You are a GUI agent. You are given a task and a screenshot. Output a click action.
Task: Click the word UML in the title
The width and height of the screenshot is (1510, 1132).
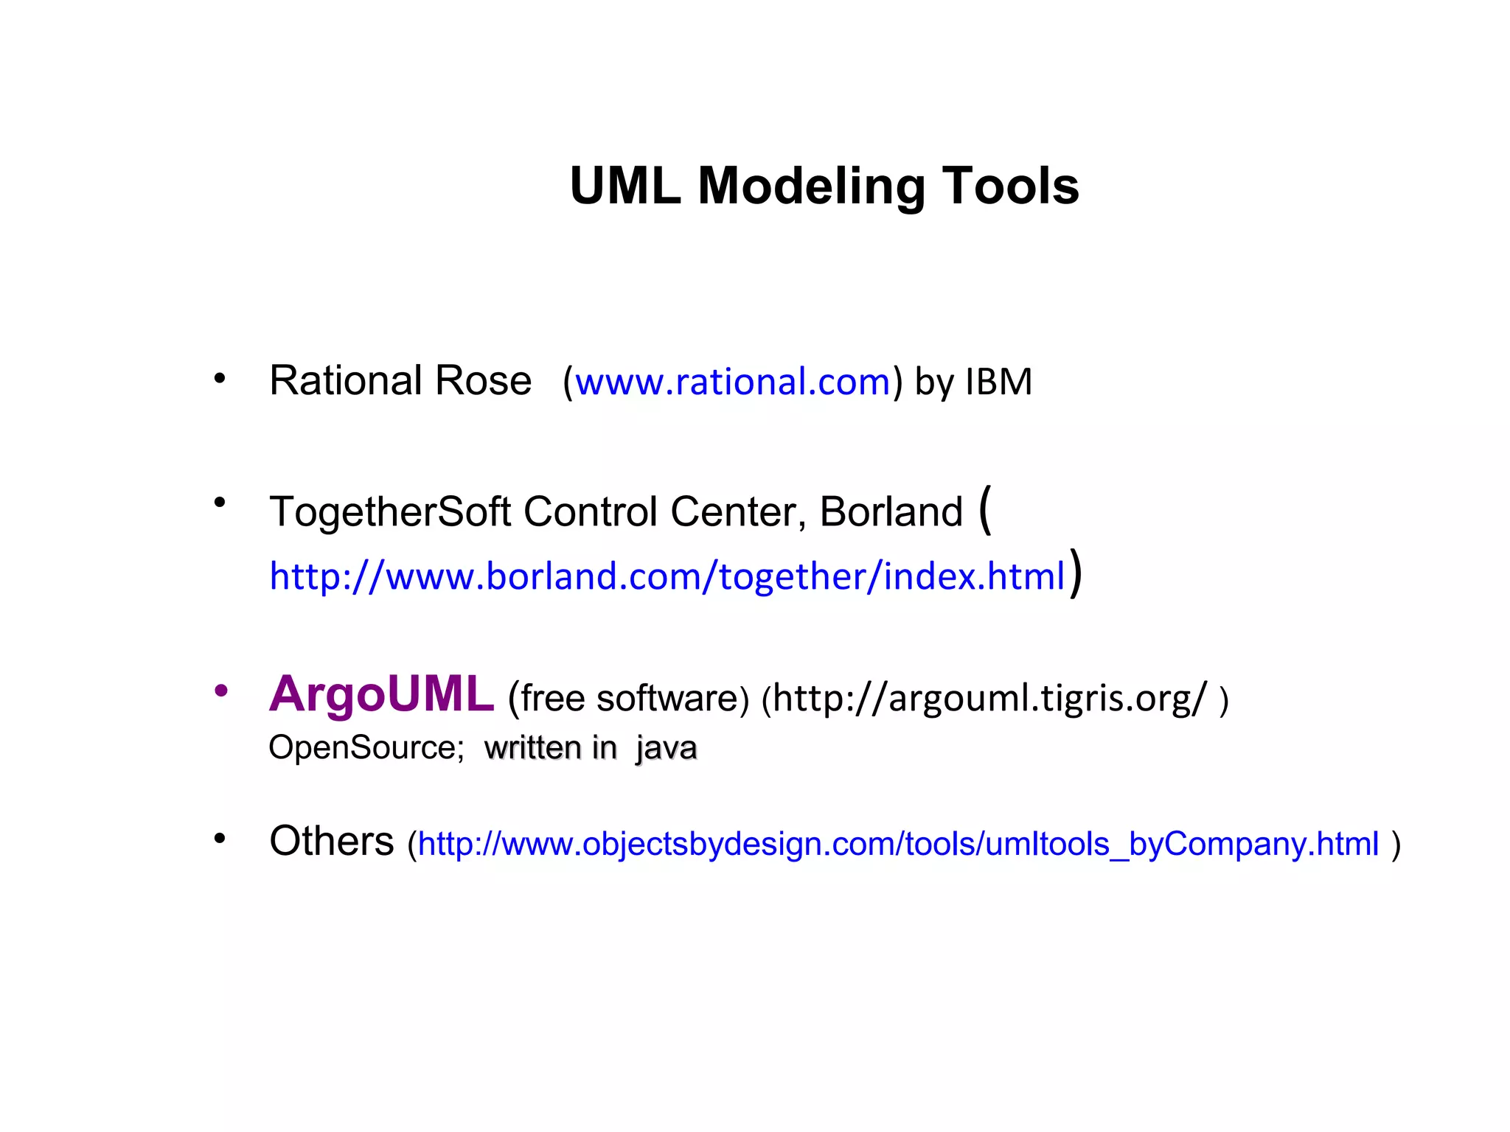[x=624, y=186]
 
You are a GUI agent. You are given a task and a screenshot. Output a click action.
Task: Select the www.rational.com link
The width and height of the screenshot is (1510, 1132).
[x=733, y=382]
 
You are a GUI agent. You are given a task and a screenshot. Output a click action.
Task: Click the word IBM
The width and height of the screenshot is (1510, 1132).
[x=999, y=382]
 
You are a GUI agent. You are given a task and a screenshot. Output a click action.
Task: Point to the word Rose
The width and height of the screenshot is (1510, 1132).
[x=483, y=381]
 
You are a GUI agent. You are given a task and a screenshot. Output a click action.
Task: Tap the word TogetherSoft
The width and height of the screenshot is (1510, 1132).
[x=390, y=512]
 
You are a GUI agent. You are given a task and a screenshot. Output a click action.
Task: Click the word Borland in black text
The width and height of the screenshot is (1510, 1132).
[x=891, y=511]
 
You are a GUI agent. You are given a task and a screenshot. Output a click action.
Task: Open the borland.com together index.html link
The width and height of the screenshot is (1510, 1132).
[x=667, y=576]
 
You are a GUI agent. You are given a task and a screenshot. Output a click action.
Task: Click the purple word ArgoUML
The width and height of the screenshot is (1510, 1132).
[x=381, y=694]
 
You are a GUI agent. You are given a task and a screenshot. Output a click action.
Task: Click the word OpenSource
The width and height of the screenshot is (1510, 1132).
[x=365, y=748]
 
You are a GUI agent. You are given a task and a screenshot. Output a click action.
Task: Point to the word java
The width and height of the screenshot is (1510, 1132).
[x=667, y=748]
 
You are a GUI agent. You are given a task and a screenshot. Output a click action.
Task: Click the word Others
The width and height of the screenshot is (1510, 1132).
[x=332, y=841]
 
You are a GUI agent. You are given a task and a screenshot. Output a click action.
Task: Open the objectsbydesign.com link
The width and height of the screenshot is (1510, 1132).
[x=898, y=844]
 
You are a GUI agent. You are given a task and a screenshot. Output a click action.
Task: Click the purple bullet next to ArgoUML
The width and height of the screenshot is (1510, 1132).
[x=220, y=691]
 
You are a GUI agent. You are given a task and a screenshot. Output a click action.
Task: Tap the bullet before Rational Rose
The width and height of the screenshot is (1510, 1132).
[x=220, y=380]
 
